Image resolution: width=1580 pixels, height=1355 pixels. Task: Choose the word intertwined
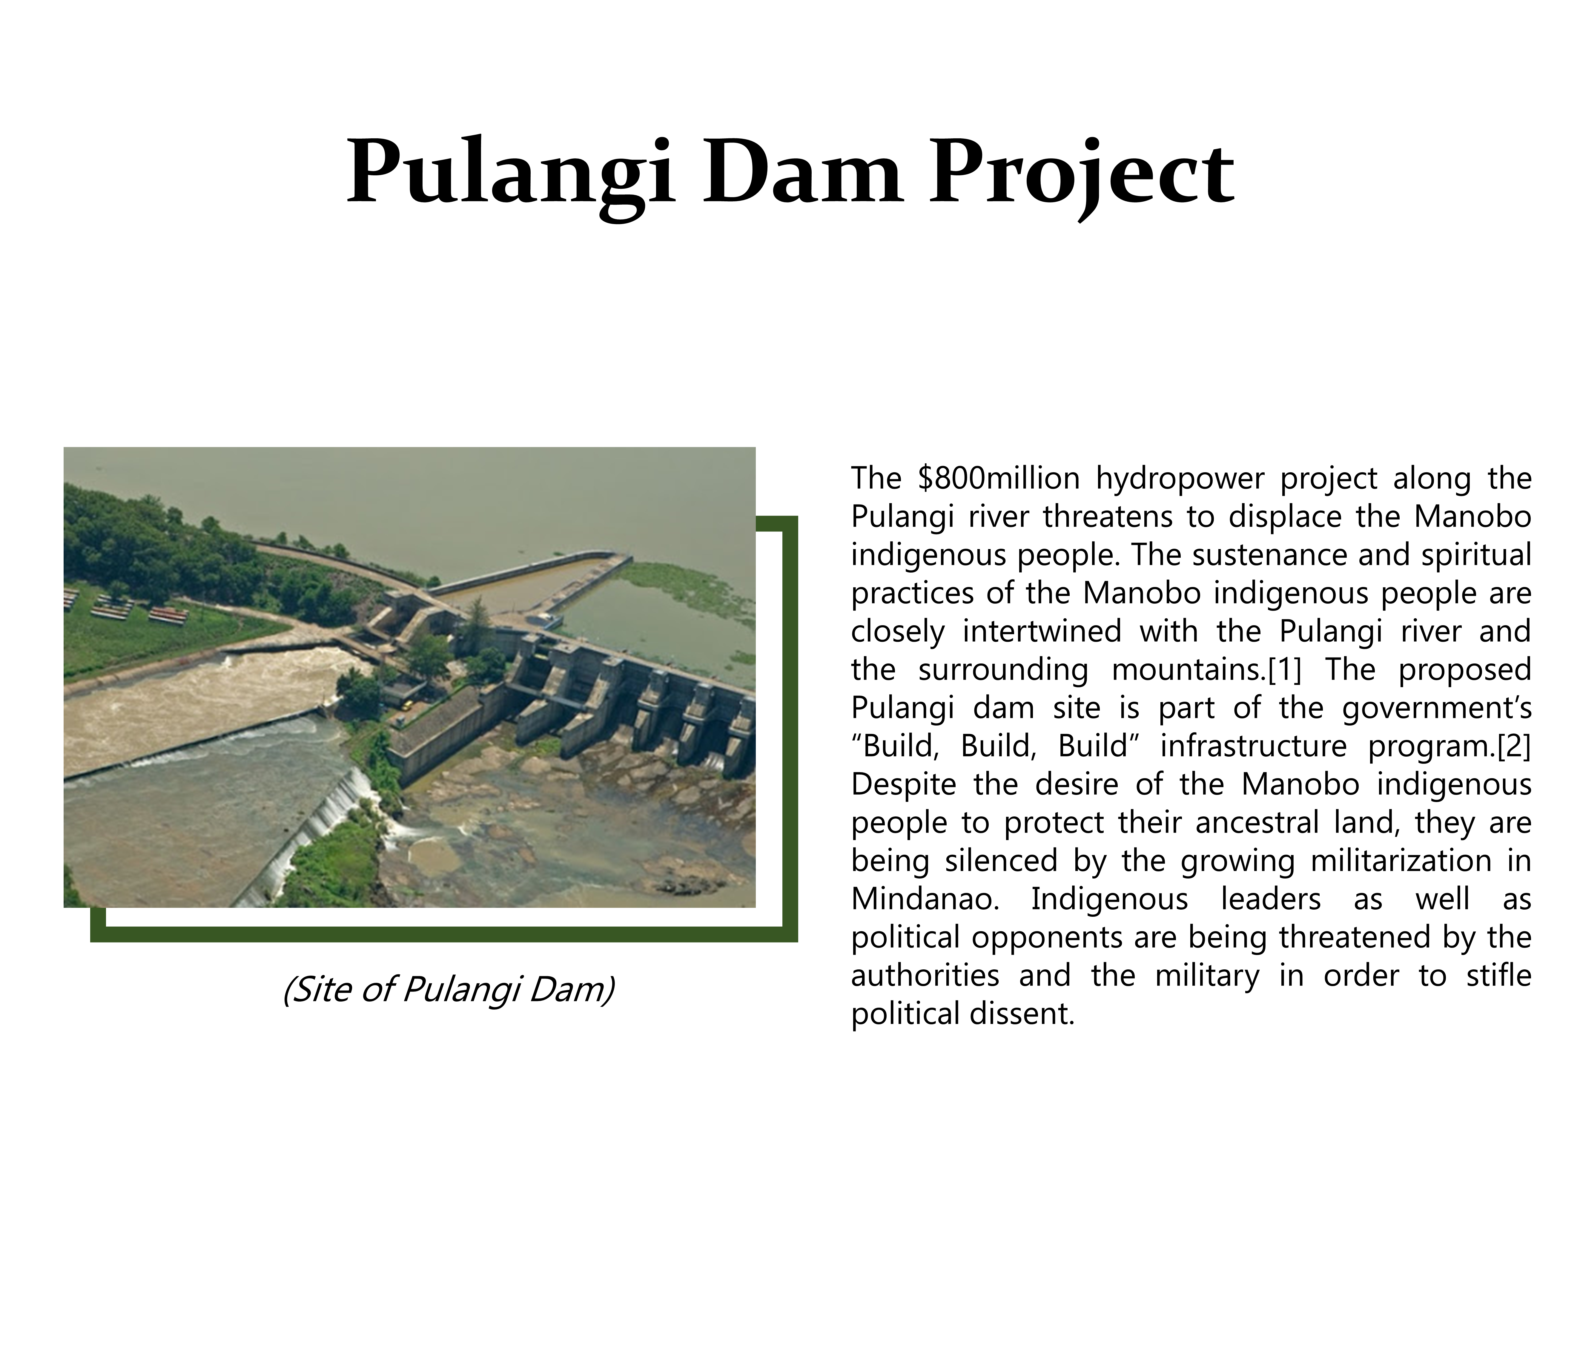coord(1042,632)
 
